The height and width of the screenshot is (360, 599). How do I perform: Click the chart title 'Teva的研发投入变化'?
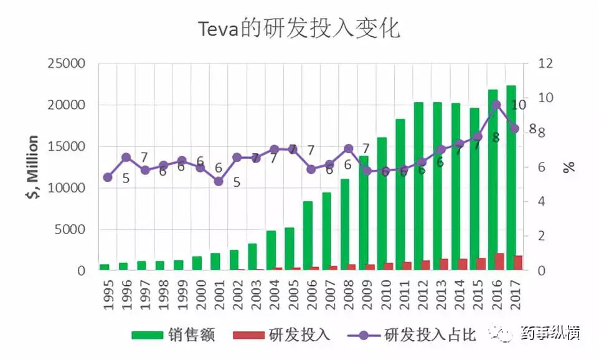pyautogui.click(x=299, y=29)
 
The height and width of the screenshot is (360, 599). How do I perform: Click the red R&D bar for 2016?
pyautogui.click(x=499, y=262)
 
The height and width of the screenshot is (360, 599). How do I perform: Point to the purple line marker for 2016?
pyautogui.click(x=496, y=105)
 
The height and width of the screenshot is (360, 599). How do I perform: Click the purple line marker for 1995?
pyautogui.click(x=108, y=178)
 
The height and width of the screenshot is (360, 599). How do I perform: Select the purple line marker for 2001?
pyautogui.click(x=219, y=181)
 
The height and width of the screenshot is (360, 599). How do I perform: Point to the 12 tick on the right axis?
pyautogui.click(x=545, y=64)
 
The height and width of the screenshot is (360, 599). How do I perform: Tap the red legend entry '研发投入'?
pyautogui.click(x=281, y=334)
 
